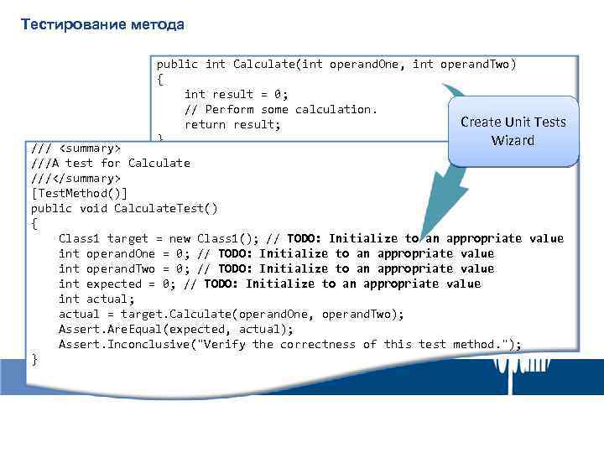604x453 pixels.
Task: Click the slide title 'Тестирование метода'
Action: coord(102,23)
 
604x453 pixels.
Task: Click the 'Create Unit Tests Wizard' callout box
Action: coord(513,130)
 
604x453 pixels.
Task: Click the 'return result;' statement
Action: coord(232,124)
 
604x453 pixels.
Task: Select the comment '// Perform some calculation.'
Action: coord(281,109)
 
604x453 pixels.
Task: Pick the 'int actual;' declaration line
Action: coord(96,299)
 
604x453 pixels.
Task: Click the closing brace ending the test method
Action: coord(34,359)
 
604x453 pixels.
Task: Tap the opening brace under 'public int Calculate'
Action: coord(159,79)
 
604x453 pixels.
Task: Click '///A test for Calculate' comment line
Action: coord(111,163)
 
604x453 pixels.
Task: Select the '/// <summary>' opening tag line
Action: coord(76,148)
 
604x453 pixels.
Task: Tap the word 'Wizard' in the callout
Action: coord(513,140)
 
